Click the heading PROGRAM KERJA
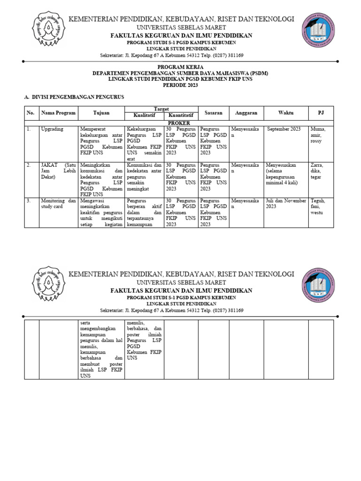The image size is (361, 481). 180,67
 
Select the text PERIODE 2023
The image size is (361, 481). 180,85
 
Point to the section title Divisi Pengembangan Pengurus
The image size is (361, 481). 74,97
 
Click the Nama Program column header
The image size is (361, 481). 55,113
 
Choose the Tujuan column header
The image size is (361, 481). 101,113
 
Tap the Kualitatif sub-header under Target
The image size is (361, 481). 144,116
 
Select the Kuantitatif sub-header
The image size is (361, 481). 181,116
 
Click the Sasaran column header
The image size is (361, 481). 213,113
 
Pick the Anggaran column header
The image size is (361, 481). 246,113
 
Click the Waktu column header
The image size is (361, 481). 285,113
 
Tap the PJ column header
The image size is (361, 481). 321,113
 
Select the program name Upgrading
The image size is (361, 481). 52,129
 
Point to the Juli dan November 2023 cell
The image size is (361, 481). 285,203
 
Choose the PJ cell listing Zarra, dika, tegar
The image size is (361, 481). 317,171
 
